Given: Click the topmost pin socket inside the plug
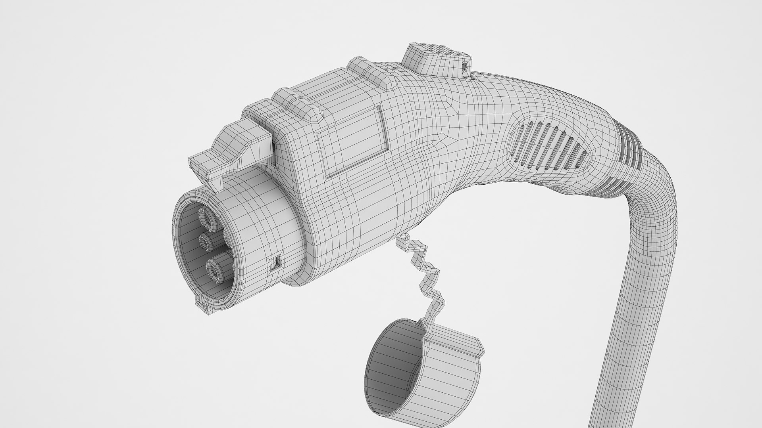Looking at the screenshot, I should coord(206,218).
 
